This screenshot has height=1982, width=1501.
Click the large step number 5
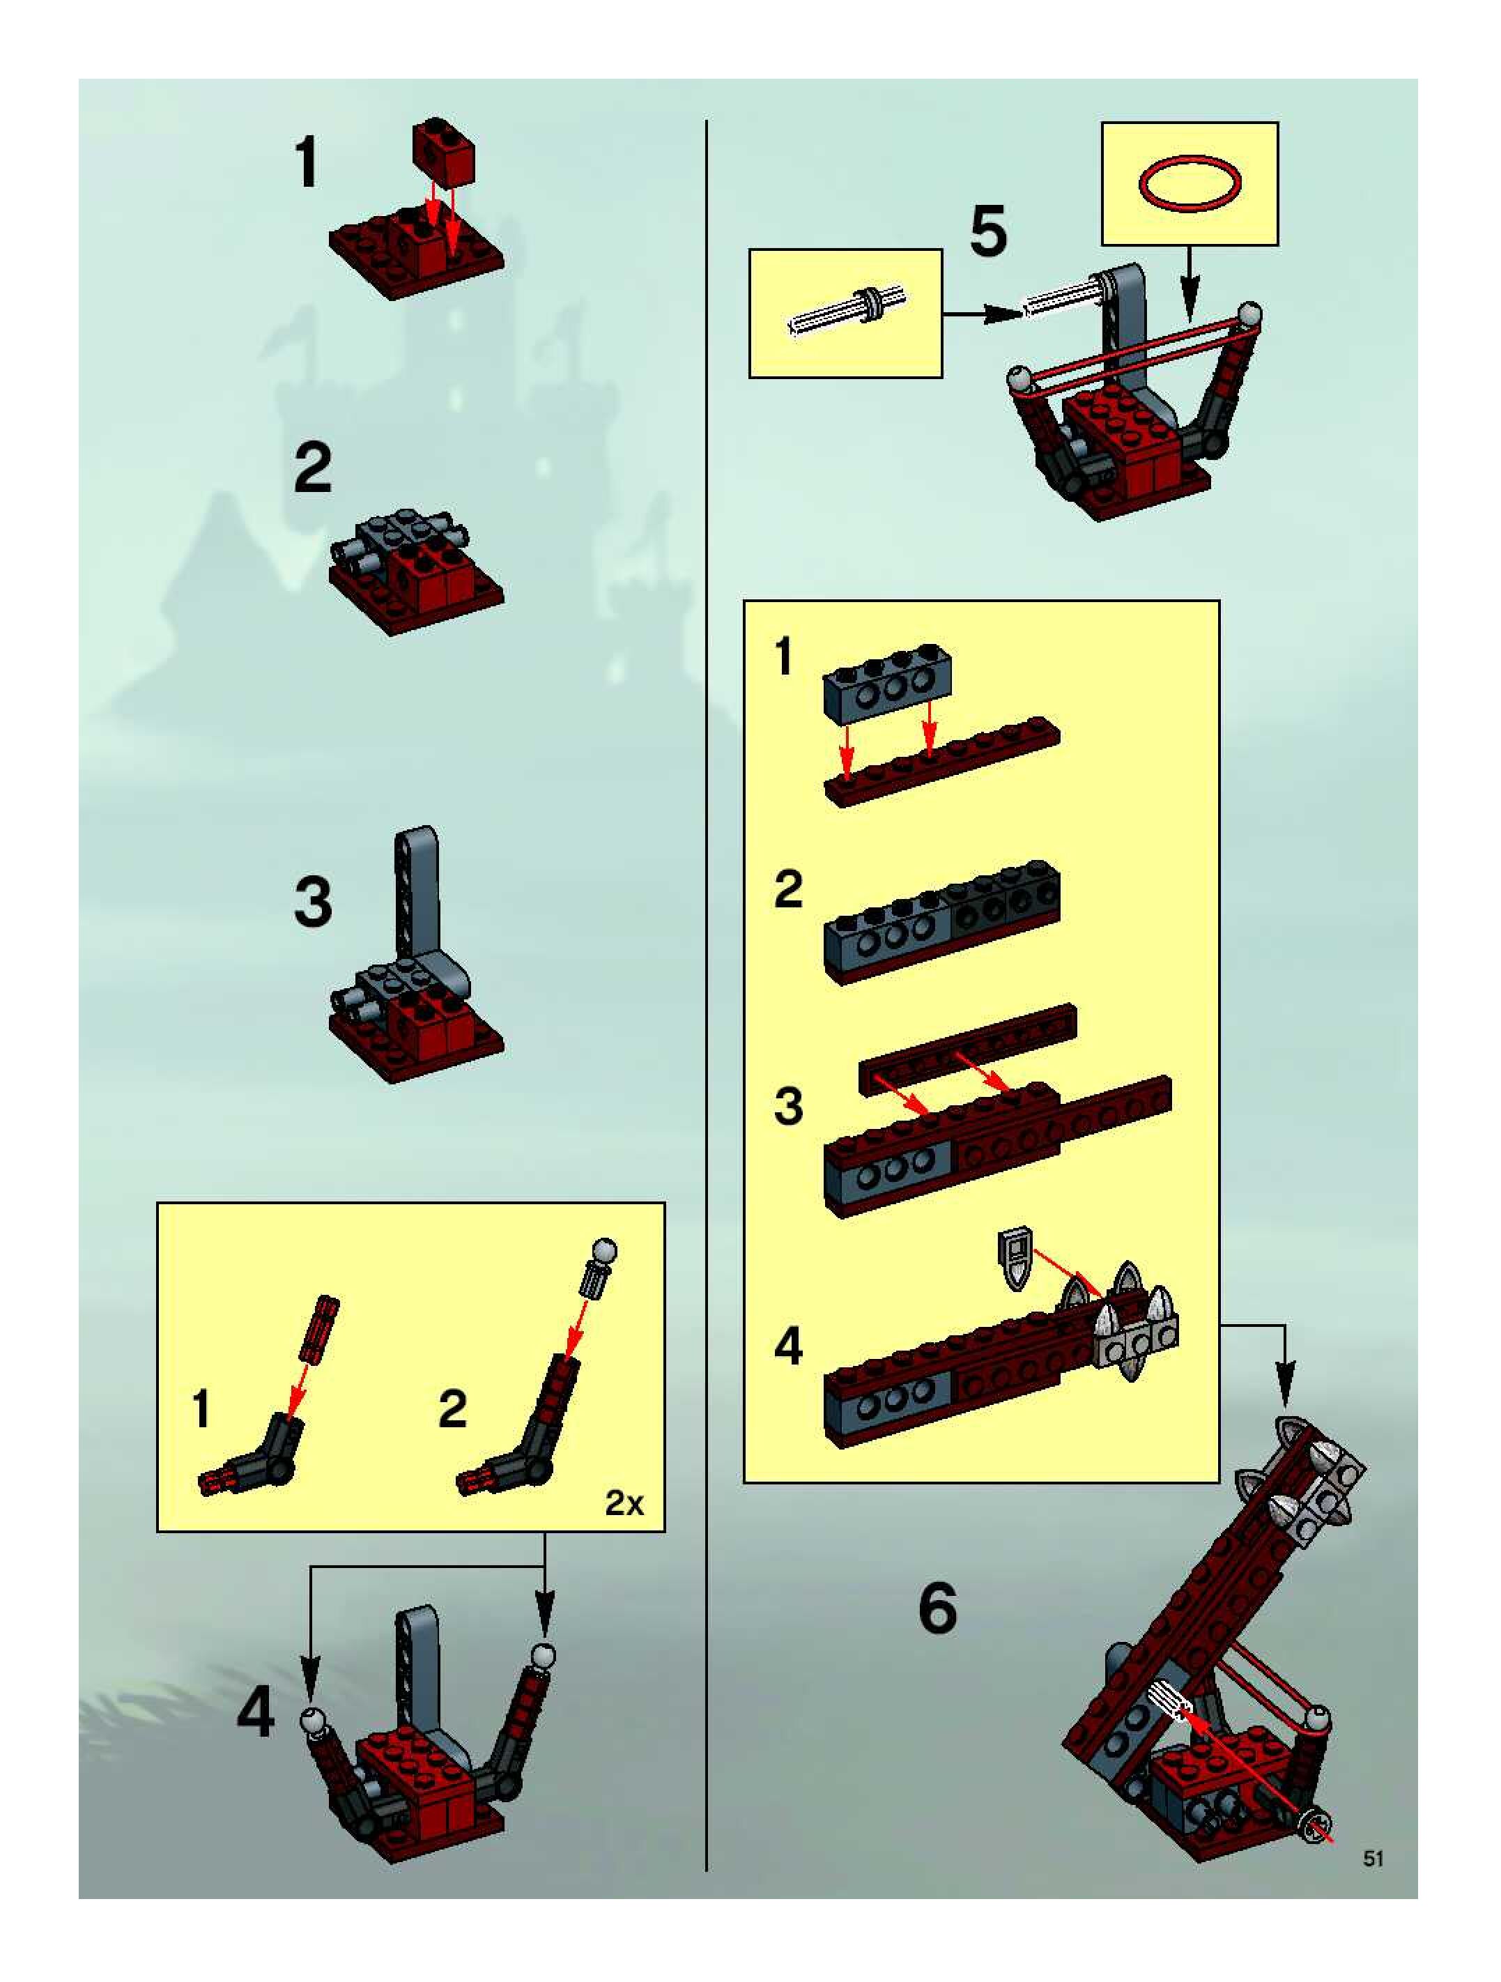[x=988, y=231]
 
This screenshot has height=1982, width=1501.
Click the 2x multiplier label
[x=624, y=1503]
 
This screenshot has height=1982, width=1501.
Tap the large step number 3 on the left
[x=313, y=902]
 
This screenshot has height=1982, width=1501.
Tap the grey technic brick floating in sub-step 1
[x=887, y=684]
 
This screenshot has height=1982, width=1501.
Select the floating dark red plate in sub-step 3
[x=968, y=1048]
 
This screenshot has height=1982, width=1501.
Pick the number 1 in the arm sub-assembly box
[x=201, y=1409]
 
